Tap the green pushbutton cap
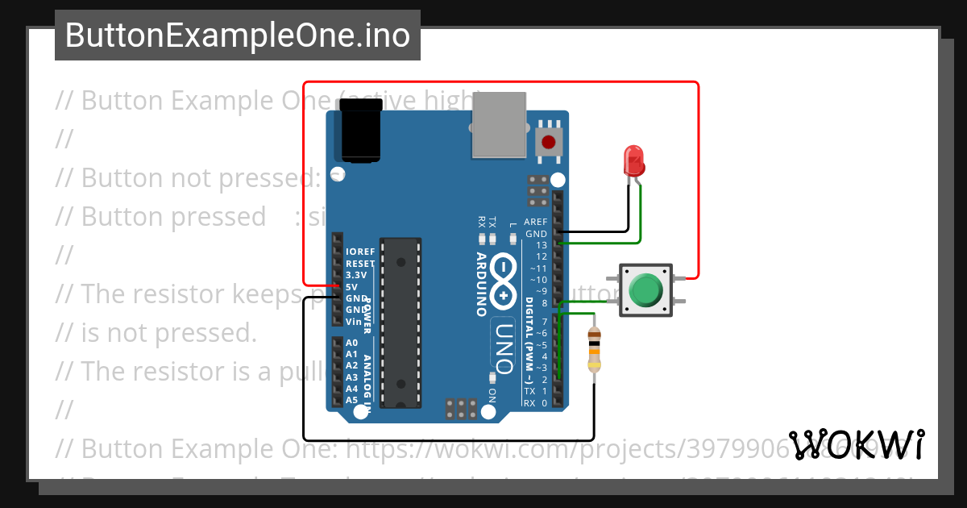(645, 290)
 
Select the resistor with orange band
(594, 349)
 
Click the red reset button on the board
(549, 143)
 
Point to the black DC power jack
(359, 135)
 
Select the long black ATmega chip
(400, 322)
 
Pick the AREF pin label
(536, 222)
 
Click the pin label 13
(542, 245)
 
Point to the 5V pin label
(351, 287)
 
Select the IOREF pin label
(360, 252)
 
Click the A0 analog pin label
(351, 343)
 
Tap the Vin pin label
(353, 322)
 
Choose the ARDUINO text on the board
(481, 283)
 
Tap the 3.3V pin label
(355, 275)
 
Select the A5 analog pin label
(351, 400)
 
